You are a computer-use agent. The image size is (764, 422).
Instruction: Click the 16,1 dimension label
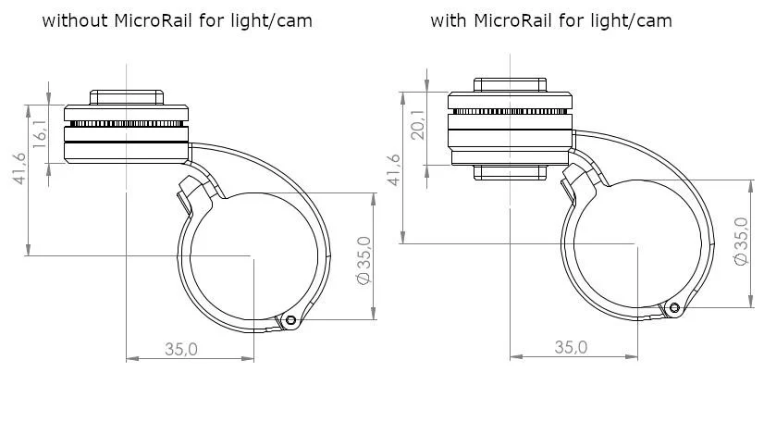[x=40, y=133]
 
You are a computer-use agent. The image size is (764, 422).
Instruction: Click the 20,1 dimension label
[x=418, y=125]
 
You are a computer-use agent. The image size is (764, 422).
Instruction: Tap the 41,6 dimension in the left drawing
[x=19, y=168]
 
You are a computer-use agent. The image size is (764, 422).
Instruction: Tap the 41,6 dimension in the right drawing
[x=394, y=169]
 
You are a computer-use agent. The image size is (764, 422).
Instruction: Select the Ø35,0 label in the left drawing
[x=364, y=261]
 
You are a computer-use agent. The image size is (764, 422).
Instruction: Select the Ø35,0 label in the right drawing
[x=741, y=242]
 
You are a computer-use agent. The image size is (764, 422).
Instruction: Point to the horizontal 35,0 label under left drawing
[x=180, y=349]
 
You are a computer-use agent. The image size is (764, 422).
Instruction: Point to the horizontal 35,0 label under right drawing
[x=571, y=347]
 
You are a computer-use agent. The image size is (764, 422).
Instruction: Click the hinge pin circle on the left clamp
[x=290, y=320]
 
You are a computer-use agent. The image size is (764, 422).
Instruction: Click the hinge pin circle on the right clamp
[x=674, y=307]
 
